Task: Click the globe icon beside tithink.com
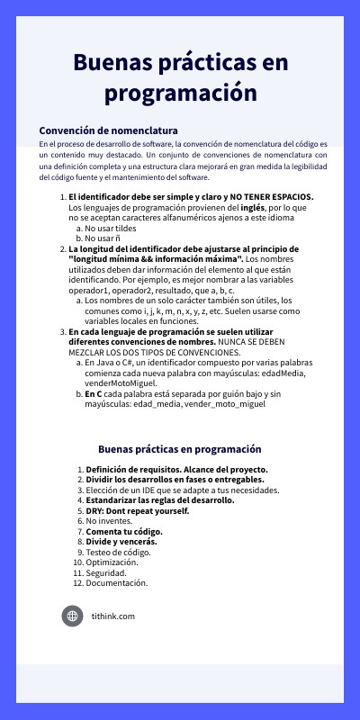72,616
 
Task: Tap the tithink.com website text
113,616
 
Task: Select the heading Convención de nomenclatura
108,130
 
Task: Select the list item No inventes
108,521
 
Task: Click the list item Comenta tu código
124,532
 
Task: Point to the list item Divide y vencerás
121,542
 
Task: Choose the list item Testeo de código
119,553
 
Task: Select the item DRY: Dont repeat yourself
138,510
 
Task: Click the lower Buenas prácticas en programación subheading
180,449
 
